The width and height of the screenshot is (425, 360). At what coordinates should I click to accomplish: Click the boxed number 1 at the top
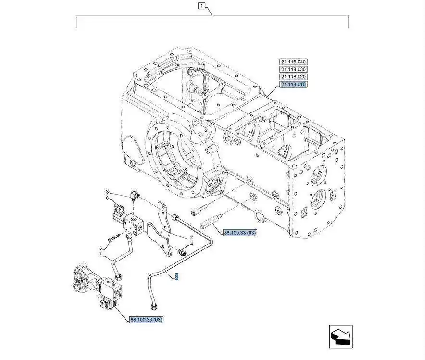pyautogui.click(x=202, y=6)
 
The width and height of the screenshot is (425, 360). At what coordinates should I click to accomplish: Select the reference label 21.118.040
pyautogui.click(x=294, y=62)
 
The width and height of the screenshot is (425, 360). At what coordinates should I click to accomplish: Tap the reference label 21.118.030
pyautogui.click(x=294, y=69)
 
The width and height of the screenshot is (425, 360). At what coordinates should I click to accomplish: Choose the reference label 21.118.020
pyautogui.click(x=294, y=77)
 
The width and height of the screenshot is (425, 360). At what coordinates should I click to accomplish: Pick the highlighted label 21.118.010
pyautogui.click(x=294, y=84)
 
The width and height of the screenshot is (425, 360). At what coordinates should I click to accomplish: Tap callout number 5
pyautogui.click(x=100, y=248)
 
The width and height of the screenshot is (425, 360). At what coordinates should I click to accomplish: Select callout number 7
pyautogui.click(x=100, y=255)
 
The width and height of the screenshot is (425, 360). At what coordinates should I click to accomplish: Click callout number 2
pyautogui.click(x=191, y=237)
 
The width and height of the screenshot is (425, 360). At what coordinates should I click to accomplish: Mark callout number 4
pyautogui.click(x=191, y=244)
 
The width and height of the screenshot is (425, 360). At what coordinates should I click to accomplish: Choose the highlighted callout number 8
pyautogui.click(x=176, y=277)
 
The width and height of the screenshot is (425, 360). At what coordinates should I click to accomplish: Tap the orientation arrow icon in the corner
pyautogui.click(x=340, y=336)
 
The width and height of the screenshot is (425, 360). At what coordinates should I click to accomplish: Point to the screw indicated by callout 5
pyautogui.click(x=113, y=237)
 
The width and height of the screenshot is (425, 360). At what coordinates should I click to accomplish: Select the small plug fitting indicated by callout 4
pyautogui.click(x=181, y=251)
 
